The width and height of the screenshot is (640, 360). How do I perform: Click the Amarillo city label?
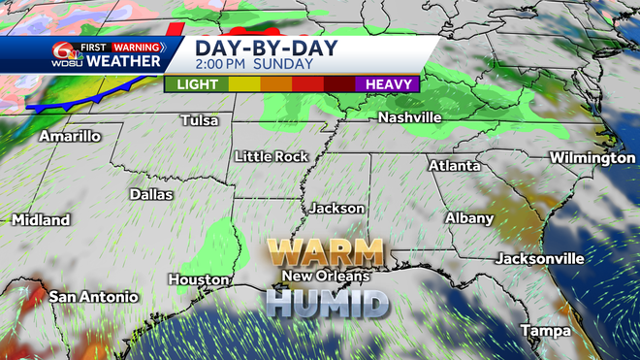pos(70,137)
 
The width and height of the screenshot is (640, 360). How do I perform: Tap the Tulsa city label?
pos(200,121)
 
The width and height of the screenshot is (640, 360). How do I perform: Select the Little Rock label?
pos(272,156)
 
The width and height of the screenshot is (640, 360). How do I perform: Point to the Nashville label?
pos(409,117)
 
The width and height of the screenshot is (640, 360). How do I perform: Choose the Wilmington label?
pos(592,157)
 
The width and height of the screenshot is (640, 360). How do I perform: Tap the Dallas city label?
pos(151,194)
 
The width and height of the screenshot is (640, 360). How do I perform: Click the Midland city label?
pos(41,220)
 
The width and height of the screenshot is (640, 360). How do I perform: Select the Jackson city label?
pos(336,209)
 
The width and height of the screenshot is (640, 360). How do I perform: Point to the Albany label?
pos(469,218)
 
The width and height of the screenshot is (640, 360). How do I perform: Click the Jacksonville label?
pos(539,259)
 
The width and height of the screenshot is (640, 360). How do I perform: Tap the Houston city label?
pos(198,279)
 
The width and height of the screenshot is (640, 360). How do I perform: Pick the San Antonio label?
pos(94,297)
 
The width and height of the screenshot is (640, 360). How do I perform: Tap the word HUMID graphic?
pos(327,303)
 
